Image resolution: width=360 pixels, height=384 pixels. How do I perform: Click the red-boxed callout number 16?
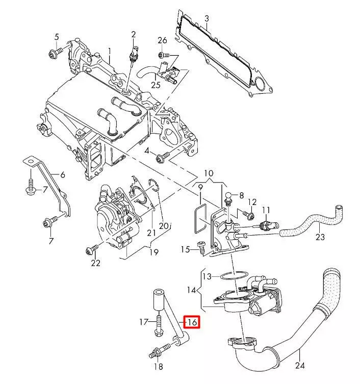click(192, 322)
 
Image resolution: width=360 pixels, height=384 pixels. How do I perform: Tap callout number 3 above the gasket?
click(206, 19)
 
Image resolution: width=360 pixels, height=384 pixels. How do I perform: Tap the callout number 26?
click(162, 40)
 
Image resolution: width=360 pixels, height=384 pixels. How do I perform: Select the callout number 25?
click(156, 84)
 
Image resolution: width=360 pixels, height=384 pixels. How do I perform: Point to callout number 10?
click(210, 173)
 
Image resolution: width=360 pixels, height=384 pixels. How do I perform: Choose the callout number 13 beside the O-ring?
click(206, 276)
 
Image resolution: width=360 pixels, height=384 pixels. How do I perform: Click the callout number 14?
click(191, 291)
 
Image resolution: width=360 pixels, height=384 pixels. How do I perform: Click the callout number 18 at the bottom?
click(159, 367)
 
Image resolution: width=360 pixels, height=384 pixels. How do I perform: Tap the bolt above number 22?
click(92, 249)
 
